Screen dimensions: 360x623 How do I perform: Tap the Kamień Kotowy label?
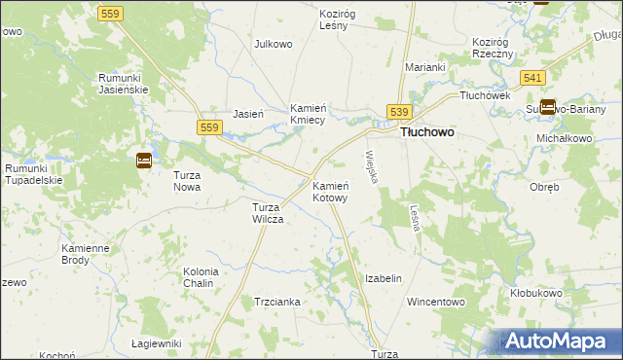330,191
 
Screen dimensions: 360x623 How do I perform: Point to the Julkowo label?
274,44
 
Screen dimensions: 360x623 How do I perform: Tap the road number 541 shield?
531,77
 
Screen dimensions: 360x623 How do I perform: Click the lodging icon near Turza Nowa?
143,161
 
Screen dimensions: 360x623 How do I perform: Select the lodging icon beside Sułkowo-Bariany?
547,108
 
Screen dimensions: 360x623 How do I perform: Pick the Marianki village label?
425,67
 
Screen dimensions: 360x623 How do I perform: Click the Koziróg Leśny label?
340,20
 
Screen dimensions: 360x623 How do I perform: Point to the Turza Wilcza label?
268,213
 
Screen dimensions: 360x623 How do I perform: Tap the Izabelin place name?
383,278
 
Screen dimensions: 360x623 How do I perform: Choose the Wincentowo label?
437,302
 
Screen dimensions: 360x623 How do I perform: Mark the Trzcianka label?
276,302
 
